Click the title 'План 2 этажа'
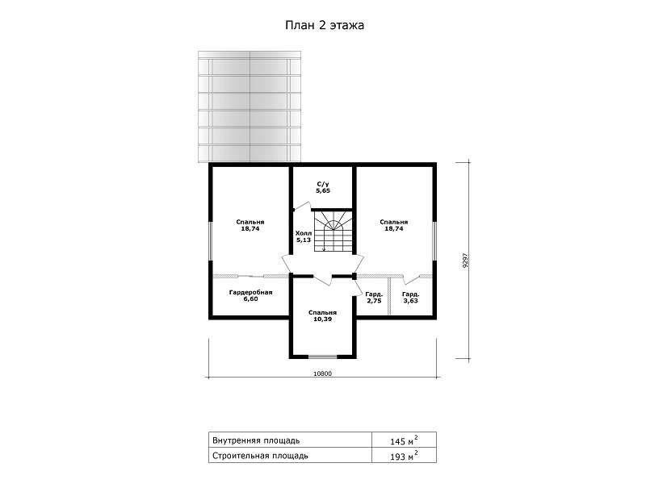tap(325, 26)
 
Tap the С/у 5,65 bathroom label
tap(323, 187)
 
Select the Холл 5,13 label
tap(304, 236)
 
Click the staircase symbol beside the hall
tap(333, 231)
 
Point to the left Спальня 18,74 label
tap(250, 226)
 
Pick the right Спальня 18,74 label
tap(394, 226)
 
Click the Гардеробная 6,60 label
tap(250, 295)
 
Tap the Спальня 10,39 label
tap(322, 315)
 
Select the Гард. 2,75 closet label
tap(374, 298)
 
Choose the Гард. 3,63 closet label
tap(411, 298)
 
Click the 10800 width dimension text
tap(322, 373)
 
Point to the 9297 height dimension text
tap(466, 260)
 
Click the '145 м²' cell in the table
tap(405, 440)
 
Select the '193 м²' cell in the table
tap(405, 456)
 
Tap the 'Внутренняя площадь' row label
tap(256, 440)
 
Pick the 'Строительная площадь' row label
tap(260, 456)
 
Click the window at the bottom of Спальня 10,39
tap(322, 357)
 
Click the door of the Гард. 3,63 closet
tap(412, 279)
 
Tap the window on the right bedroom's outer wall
tap(434, 241)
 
